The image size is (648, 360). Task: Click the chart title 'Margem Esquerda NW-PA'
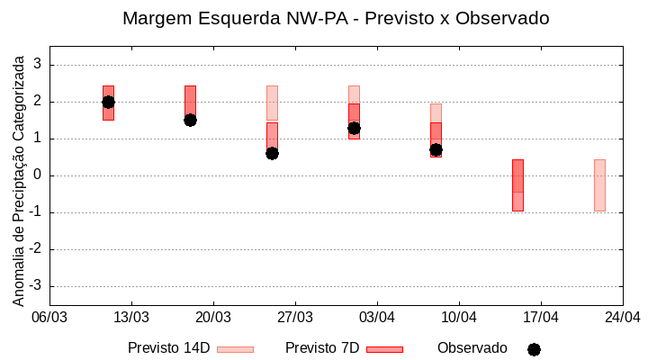point(335,18)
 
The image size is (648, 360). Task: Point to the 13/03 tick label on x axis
point(131,317)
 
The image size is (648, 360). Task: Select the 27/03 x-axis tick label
point(295,317)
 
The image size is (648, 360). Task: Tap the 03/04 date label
point(377,317)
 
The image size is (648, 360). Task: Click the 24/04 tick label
point(622,317)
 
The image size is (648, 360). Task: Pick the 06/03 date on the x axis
point(49,317)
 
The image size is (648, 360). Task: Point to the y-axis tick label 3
point(38,65)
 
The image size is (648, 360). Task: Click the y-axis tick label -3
point(35,286)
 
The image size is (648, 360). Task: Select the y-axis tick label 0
point(38,175)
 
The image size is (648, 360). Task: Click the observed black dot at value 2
point(108,102)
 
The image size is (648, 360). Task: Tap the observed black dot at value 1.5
point(190,120)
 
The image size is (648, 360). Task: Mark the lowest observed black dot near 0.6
point(272,153)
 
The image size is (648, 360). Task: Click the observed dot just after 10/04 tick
point(436,149)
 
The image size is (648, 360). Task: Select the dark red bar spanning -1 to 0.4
point(517,185)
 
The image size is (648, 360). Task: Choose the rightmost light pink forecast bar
point(599,185)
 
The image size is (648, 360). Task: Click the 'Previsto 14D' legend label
point(168,348)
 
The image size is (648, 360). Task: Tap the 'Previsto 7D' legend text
point(322,348)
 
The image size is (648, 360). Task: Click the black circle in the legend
point(534,349)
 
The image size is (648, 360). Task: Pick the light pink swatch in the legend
point(235,349)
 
